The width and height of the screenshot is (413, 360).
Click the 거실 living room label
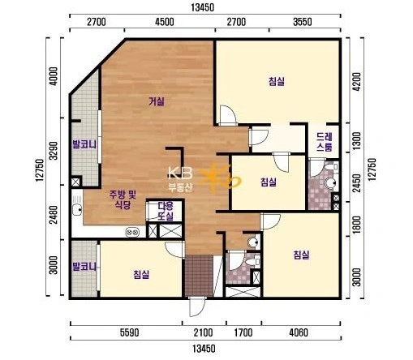(157, 101)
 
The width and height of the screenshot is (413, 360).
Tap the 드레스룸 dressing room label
(325, 142)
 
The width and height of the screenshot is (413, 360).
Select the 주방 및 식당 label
(123, 199)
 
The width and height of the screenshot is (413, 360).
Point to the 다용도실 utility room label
(166, 211)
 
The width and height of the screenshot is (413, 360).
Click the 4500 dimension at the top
(165, 22)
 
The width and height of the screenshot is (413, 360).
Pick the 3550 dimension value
(303, 22)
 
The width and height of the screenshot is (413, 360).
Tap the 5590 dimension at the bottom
(130, 332)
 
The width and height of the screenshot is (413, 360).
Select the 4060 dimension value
(299, 332)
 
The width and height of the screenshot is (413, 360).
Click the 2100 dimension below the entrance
(203, 332)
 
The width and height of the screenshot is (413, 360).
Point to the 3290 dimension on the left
(54, 151)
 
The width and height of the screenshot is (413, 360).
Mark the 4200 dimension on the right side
(357, 82)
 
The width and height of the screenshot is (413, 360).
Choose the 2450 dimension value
(357, 183)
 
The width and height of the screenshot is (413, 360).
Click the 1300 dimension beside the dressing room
(357, 141)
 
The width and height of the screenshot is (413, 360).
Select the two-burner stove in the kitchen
(132, 232)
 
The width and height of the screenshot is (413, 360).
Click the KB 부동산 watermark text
(181, 178)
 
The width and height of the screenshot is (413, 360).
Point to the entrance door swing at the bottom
(197, 306)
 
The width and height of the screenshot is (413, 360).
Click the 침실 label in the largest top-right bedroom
(277, 81)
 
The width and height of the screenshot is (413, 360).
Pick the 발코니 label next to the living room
(84, 144)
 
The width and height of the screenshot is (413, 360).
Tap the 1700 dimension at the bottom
(243, 332)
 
